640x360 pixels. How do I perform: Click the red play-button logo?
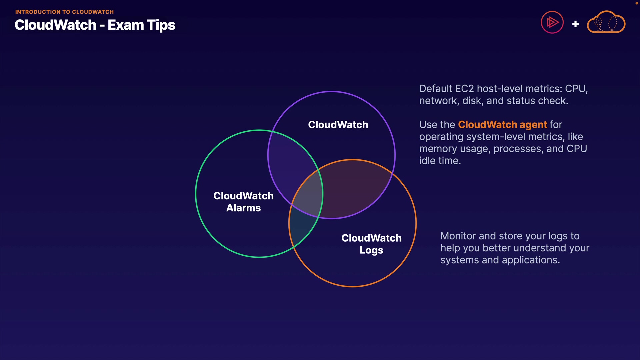pyautogui.click(x=552, y=22)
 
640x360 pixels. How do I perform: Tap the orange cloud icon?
pyautogui.click(x=606, y=22)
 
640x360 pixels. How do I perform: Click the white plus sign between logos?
pyautogui.click(x=575, y=24)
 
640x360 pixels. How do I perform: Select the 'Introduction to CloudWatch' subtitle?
pyautogui.click(x=64, y=12)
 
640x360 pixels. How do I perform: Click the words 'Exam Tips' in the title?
pyautogui.click(x=141, y=25)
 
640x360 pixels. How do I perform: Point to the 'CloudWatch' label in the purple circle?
pyautogui.click(x=338, y=125)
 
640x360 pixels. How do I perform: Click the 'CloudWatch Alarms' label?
pyautogui.click(x=243, y=202)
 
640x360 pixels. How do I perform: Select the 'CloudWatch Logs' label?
pyautogui.click(x=371, y=244)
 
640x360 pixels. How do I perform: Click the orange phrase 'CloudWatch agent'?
pyautogui.click(x=502, y=125)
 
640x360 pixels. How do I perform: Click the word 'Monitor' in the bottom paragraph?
pyautogui.click(x=458, y=236)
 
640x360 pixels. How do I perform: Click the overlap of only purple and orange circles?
pyautogui.click(x=353, y=190)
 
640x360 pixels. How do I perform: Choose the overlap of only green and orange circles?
pyautogui.click(x=302, y=230)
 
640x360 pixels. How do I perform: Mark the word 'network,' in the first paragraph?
pyautogui.click(x=439, y=101)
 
